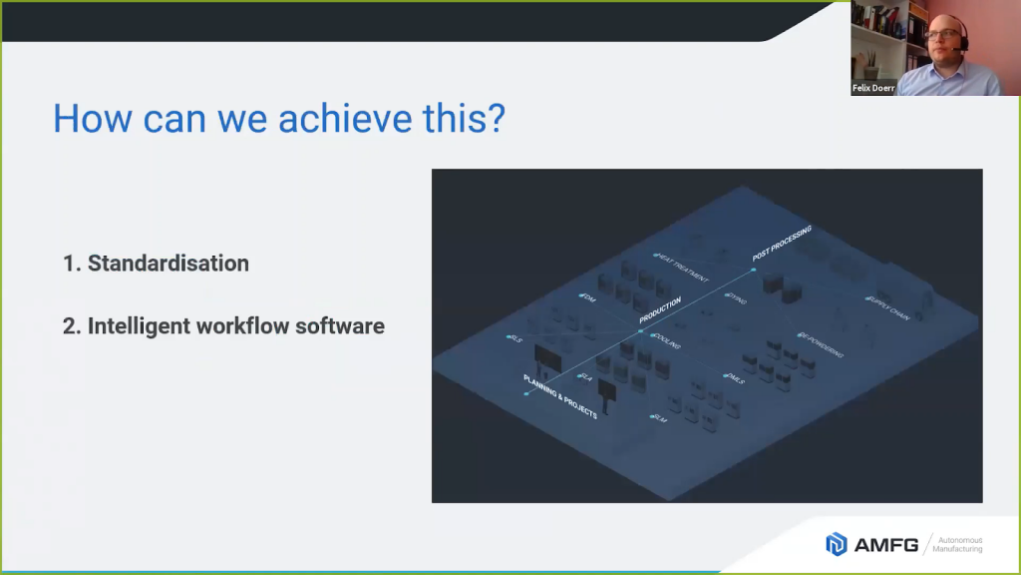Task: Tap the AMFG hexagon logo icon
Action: coord(836,544)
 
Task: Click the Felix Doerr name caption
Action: coord(873,88)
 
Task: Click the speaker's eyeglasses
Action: coord(940,35)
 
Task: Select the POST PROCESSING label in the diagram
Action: coord(783,244)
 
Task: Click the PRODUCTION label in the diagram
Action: coord(660,309)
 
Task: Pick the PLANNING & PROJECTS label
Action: coord(560,395)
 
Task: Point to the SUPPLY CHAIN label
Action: coord(889,308)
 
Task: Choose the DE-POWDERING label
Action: coord(822,344)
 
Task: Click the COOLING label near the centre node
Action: coord(667,340)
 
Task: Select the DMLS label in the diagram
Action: coord(735,378)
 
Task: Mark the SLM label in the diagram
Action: coord(659,418)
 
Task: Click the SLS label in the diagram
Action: coord(515,339)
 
